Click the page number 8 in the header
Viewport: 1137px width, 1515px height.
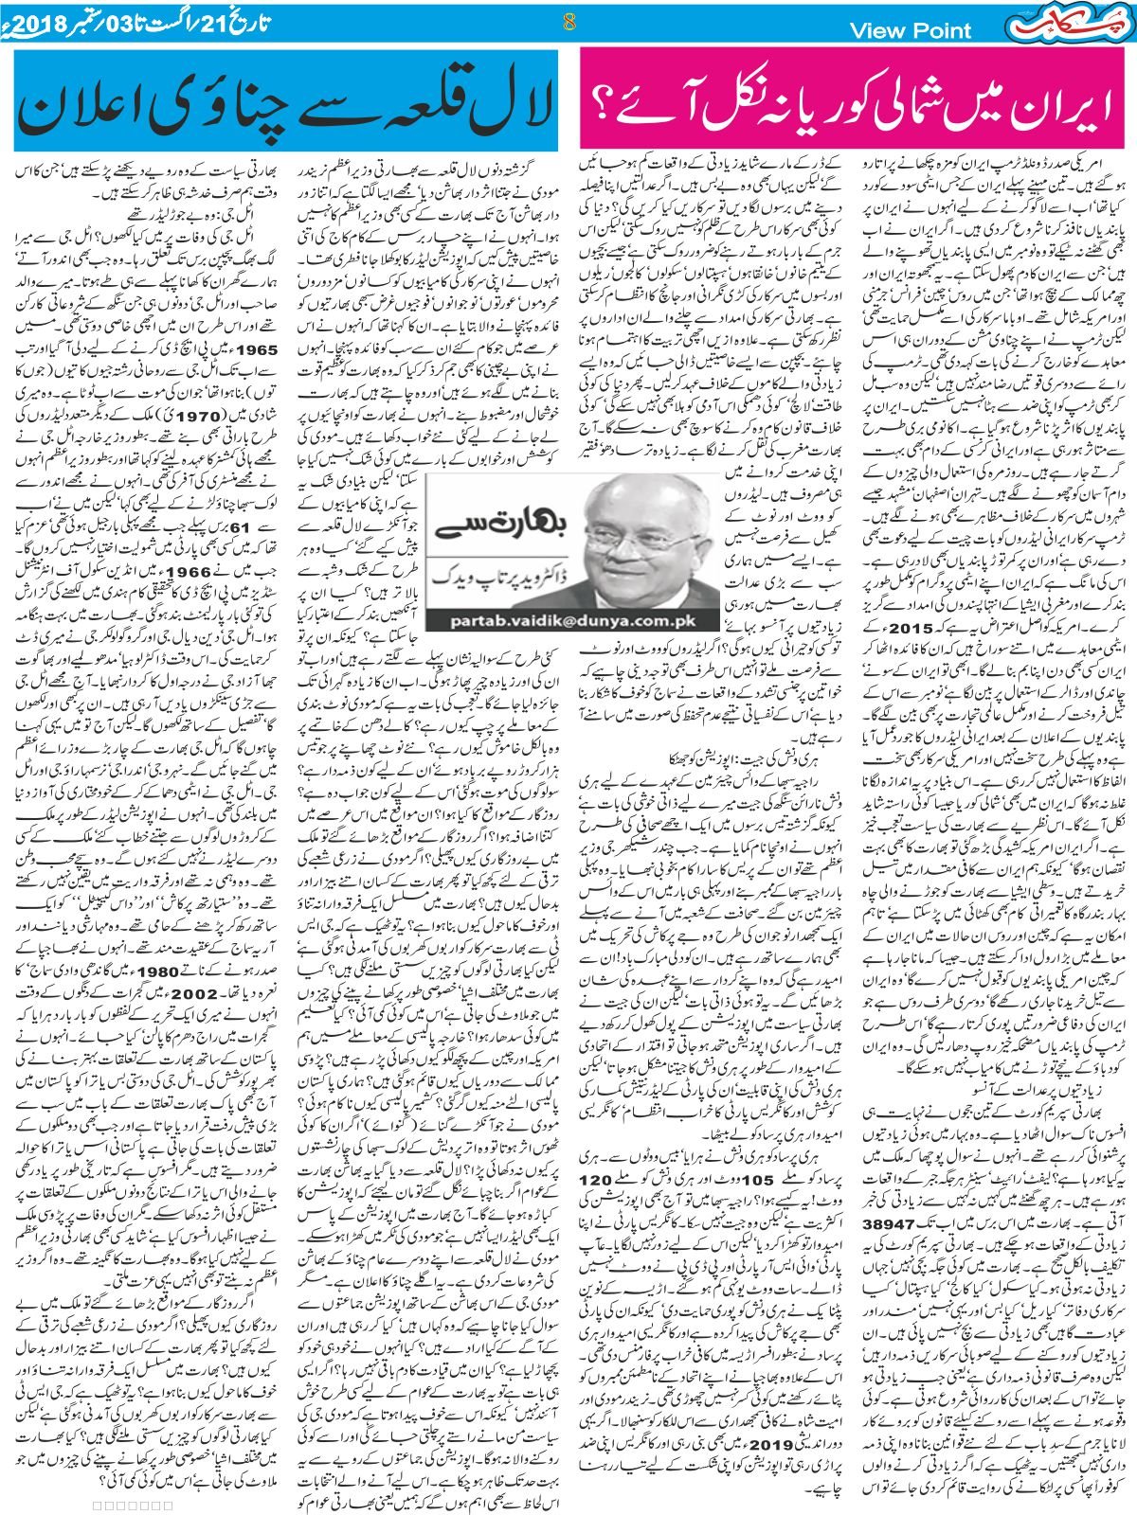pyautogui.click(x=568, y=23)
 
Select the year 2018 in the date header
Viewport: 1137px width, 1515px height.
pyautogui.click(x=36, y=20)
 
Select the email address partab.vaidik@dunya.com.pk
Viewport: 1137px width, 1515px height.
pyautogui.click(x=536, y=621)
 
